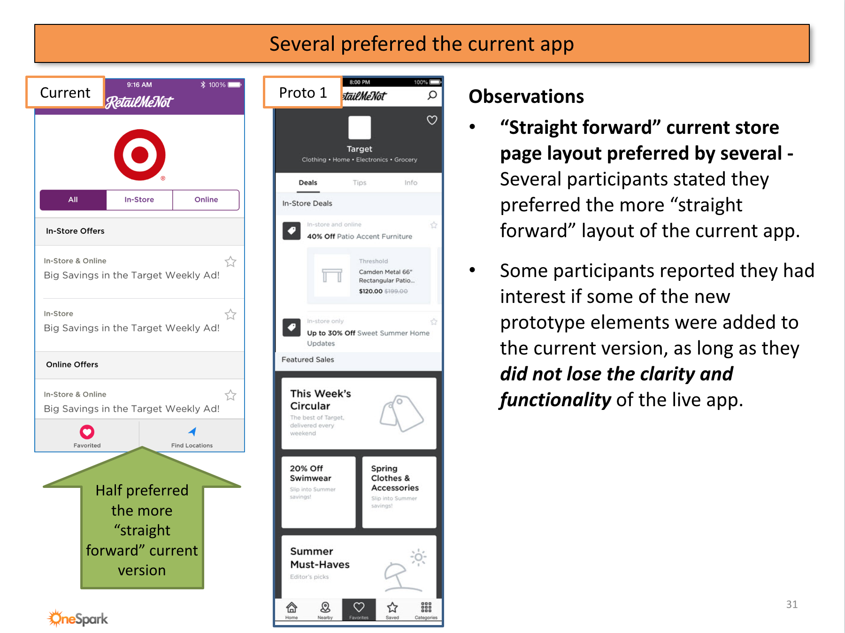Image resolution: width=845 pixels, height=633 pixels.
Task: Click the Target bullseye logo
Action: (x=140, y=155)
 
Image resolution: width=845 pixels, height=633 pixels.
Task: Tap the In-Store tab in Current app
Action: (x=139, y=200)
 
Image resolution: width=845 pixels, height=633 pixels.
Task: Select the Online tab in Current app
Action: (x=206, y=200)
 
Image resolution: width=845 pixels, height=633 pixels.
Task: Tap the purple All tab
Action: (x=73, y=200)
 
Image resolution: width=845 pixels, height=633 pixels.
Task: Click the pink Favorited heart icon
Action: (x=87, y=432)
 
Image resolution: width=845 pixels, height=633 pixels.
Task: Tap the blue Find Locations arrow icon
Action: (x=192, y=432)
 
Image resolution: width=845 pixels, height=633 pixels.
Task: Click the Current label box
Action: (x=65, y=93)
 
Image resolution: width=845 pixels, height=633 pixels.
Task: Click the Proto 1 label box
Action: (x=303, y=93)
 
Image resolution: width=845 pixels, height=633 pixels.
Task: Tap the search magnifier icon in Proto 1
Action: (x=432, y=95)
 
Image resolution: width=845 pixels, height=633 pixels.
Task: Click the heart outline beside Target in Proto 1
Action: (x=432, y=120)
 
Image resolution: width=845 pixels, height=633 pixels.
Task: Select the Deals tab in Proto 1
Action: (x=308, y=183)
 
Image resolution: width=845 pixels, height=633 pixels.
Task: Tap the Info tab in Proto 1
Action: (x=411, y=183)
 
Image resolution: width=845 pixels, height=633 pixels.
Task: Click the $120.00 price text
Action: (x=370, y=291)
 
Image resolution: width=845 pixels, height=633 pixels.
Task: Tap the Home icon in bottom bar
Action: (x=292, y=608)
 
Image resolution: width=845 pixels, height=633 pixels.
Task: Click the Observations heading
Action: (x=526, y=96)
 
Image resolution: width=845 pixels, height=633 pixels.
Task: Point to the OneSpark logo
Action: (x=78, y=618)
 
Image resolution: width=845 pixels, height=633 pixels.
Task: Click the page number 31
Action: (x=791, y=604)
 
